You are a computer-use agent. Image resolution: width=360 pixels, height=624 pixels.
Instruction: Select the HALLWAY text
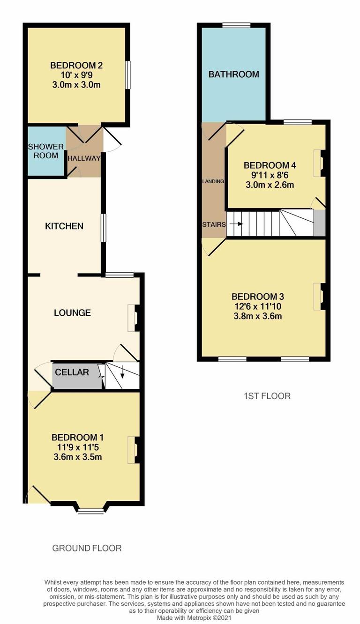(x=84, y=158)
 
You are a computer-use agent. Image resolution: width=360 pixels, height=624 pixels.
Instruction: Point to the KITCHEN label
(x=64, y=226)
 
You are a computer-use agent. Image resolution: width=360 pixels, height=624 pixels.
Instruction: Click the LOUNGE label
(x=72, y=312)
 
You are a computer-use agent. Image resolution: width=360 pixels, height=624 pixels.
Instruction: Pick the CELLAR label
(x=72, y=372)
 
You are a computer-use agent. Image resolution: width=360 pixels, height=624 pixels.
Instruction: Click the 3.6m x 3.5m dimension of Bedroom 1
(x=78, y=457)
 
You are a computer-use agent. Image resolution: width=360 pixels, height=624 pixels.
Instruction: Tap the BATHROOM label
(x=234, y=74)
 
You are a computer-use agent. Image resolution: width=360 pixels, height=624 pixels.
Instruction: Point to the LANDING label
(x=213, y=181)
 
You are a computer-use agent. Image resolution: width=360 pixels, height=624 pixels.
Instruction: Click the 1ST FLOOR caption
(x=267, y=396)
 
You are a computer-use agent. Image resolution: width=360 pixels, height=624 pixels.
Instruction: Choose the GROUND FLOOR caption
(x=87, y=548)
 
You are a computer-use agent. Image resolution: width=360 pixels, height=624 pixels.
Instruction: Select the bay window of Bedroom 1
(x=91, y=511)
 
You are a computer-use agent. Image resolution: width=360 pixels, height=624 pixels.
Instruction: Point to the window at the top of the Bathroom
(x=236, y=25)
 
